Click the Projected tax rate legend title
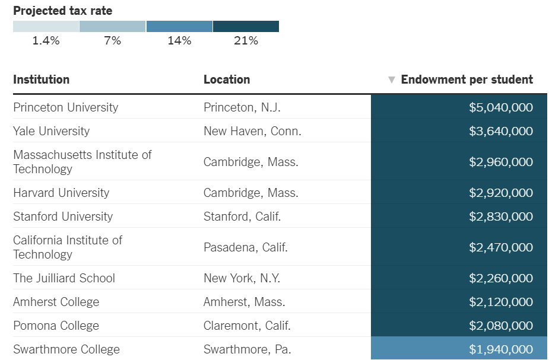(62, 11)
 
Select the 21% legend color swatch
(246, 27)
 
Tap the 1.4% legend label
(46, 41)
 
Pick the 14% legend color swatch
(179, 27)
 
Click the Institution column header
(42, 79)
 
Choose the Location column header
(227, 79)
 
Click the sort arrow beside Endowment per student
(391, 80)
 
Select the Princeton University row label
(66, 107)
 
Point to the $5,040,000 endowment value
(501, 107)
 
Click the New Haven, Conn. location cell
(252, 131)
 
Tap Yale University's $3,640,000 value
(501, 131)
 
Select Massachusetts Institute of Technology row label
(82, 162)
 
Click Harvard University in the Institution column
(61, 193)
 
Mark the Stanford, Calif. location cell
(242, 216)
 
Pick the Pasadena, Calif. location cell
(246, 247)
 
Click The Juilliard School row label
(64, 278)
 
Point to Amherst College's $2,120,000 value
(501, 302)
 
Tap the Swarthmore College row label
(66, 349)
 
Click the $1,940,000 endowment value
(501, 349)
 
